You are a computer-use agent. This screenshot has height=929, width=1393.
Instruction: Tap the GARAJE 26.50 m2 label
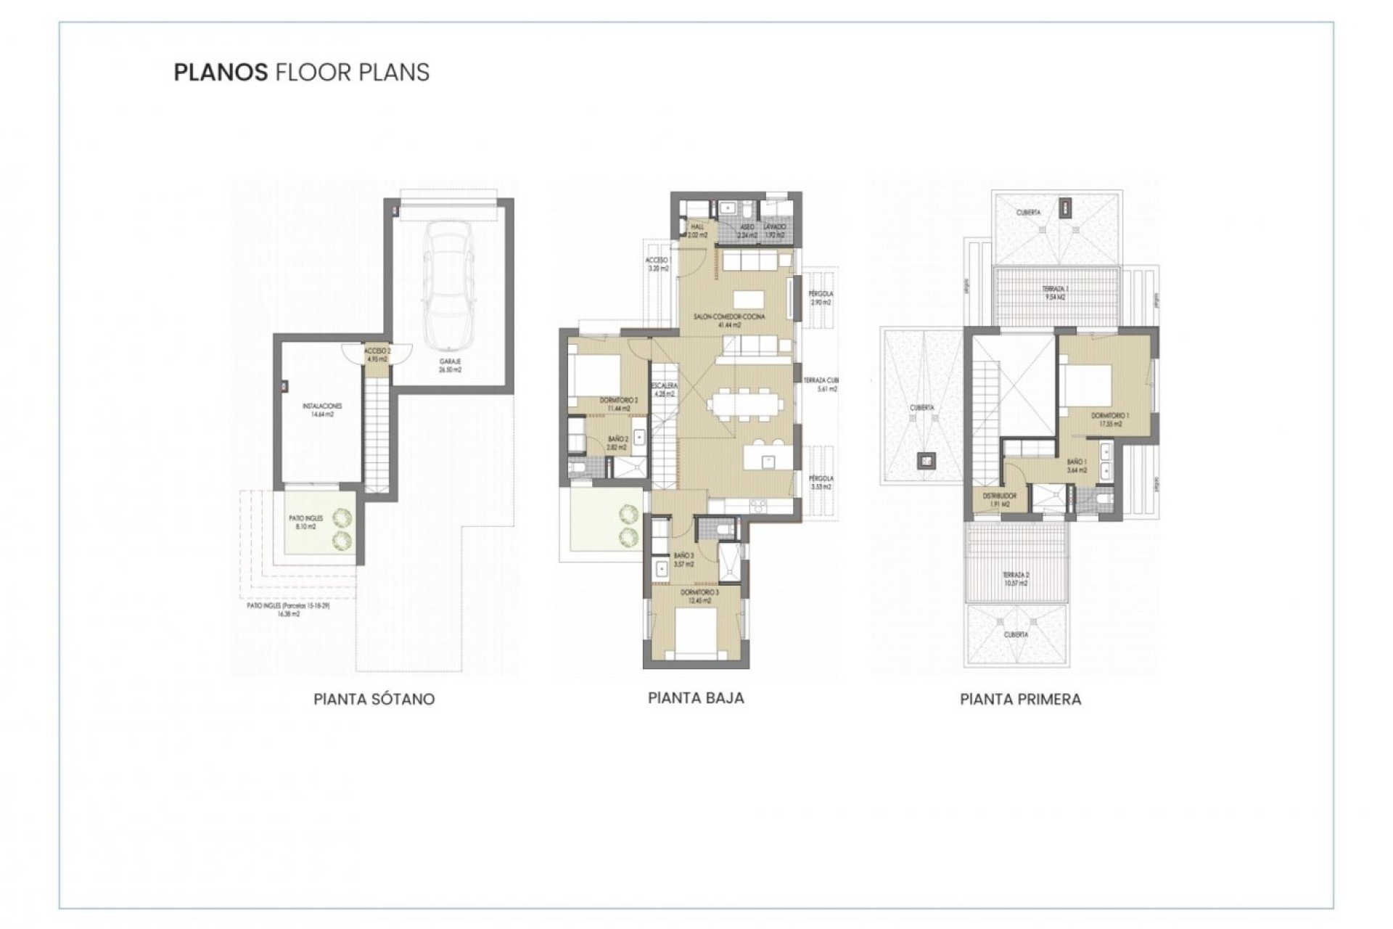(450, 365)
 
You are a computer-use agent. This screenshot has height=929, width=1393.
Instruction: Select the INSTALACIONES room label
(322, 410)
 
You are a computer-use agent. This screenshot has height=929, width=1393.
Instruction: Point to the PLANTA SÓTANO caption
(374, 700)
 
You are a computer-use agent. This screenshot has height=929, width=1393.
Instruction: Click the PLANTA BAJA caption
(696, 698)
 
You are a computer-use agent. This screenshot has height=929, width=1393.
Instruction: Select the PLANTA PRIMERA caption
(1020, 700)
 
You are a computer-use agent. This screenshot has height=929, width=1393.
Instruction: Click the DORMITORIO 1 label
(1109, 420)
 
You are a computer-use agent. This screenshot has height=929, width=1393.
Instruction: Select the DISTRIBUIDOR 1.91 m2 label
(999, 499)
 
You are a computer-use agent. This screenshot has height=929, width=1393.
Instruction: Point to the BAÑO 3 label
(683, 560)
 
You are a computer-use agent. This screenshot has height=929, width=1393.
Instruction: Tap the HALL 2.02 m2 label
(696, 231)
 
